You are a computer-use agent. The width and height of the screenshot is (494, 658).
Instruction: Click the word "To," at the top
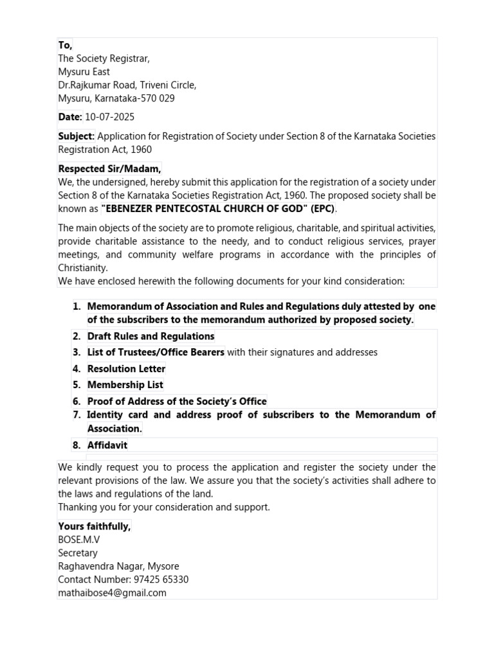point(65,45)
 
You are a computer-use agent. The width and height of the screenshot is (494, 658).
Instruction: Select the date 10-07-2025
point(110,117)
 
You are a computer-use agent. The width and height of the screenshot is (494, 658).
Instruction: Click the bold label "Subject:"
point(77,136)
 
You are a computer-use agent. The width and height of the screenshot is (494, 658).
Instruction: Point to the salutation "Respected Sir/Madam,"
point(110,168)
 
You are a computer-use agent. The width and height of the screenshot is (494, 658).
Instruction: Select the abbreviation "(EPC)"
point(324,209)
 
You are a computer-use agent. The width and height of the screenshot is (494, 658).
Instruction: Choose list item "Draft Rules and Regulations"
point(151,336)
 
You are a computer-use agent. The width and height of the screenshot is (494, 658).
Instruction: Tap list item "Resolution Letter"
point(126,368)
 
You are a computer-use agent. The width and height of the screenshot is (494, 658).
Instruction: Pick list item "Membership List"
point(125,384)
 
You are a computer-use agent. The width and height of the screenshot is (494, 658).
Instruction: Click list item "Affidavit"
point(107,445)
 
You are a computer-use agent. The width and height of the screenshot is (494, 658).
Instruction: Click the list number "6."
point(77,401)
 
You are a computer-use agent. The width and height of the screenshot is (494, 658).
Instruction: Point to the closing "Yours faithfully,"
point(95,526)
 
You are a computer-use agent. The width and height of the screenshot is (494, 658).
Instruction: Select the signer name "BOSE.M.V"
point(79,540)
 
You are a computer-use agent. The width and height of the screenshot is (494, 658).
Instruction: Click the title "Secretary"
point(78,553)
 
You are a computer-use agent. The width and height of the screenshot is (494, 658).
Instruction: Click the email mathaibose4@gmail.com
point(112,592)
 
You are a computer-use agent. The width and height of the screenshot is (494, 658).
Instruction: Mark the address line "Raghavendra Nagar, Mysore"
point(118,566)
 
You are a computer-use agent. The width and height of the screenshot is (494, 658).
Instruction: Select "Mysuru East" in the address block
point(84,72)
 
